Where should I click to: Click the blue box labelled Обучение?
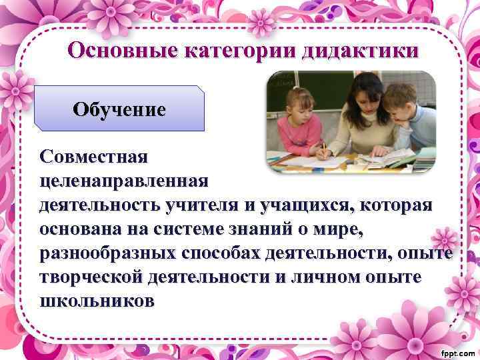120,108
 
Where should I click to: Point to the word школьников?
97,301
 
